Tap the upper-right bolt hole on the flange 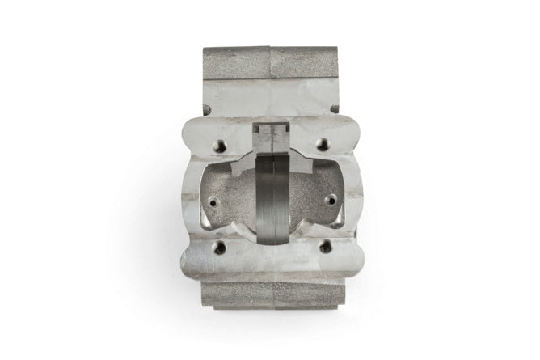323,144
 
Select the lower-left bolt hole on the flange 218,248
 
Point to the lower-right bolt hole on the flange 325,247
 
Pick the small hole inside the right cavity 330,200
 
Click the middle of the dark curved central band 272,202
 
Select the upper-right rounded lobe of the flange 347,134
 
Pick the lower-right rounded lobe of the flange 348,256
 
